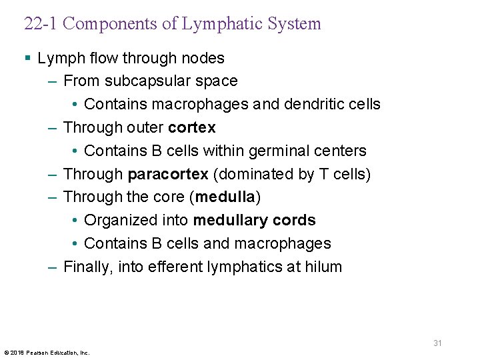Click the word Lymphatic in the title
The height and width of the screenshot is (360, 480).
click(214, 24)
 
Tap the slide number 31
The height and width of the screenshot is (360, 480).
click(438, 343)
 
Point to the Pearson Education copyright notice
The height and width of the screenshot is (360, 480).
click(47, 352)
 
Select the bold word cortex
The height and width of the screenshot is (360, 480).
click(192, 127)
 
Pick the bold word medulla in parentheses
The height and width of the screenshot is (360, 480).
click(225, 197)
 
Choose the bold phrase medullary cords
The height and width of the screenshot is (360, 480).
click(254, 220)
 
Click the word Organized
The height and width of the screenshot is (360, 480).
click(117, 220)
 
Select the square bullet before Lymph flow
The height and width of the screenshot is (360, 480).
click(27, 59)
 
